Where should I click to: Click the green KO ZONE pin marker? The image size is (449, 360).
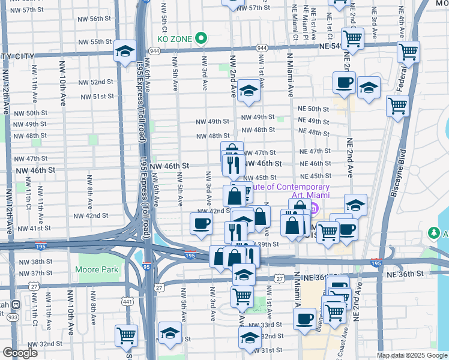[202, 38]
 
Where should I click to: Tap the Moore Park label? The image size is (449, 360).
[98, 269]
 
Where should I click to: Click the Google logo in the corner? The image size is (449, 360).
[20, 353]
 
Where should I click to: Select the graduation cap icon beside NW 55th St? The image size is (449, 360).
[125, 52]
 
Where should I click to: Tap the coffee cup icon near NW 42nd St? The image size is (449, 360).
[201, 223]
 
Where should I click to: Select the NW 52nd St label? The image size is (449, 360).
[97, 82]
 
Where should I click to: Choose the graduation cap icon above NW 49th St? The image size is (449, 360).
[249, 91]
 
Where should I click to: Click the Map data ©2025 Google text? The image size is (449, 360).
[411, 355]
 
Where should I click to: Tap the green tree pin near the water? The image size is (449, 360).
[433, 232]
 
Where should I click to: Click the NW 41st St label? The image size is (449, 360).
[35, 229]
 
